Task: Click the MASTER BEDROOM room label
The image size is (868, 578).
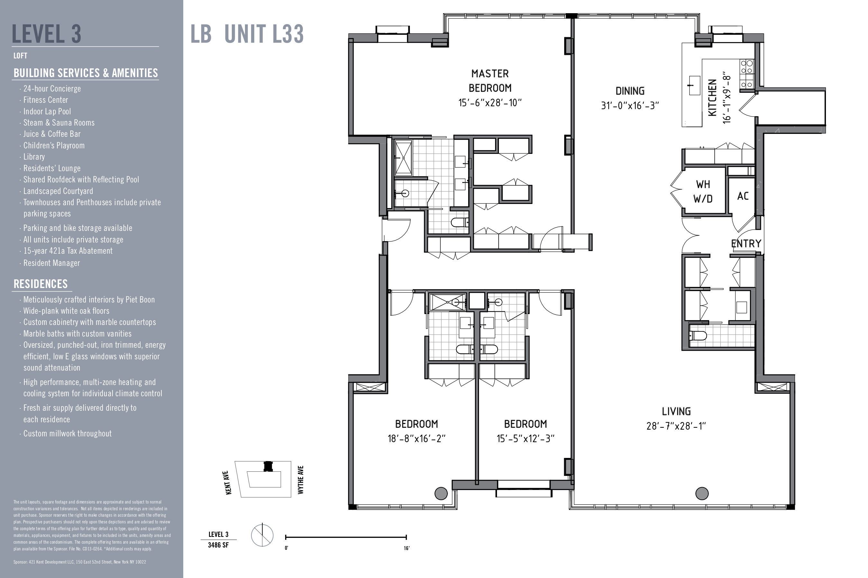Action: tap(490, 81)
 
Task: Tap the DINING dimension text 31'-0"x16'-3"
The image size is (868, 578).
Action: tap(629, 106)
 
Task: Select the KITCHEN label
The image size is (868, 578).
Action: tap(713, 97)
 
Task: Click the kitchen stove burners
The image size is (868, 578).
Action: tap(746, 74)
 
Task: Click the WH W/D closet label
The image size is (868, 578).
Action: tap(703, 191)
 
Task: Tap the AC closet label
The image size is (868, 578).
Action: tap(743, 196)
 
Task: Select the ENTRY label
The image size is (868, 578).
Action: tap(746, 244)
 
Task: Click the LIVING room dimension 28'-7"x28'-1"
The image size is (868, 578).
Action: tap(676, 426)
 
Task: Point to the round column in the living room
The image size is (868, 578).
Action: tap(701, 493)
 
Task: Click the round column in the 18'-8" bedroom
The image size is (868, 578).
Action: tap(441, 493)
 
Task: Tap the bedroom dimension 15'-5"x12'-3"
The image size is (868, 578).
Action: tap(525, 439)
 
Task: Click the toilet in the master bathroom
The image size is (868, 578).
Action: tap(460, 223)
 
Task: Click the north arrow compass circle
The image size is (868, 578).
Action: tap(262, 535)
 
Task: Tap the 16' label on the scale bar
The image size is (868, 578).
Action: tap(406, 548)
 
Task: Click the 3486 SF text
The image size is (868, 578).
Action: tap(218, 545)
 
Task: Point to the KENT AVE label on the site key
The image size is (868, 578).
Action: tap(228, 483)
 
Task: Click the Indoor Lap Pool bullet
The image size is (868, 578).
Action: tap(47, 111)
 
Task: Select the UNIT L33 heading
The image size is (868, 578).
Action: tap(264, 34)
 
